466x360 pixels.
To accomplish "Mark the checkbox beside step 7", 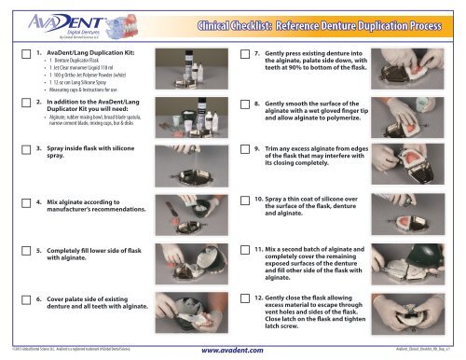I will point(245,58).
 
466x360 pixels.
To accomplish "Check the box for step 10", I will point(245,201).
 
